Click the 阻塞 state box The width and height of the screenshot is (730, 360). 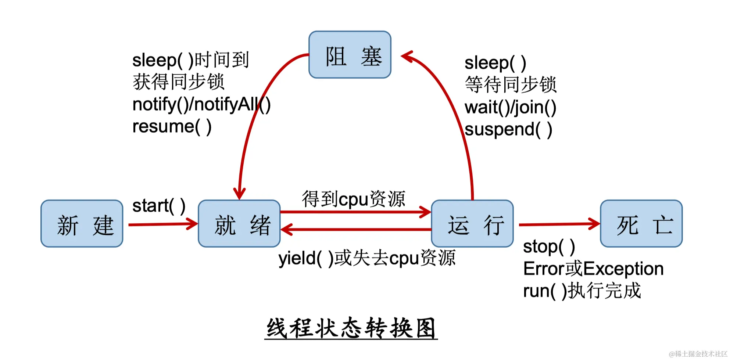point(350,55)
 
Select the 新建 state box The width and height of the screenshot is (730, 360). point(82,224)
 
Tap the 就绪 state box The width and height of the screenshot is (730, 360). point(239,224)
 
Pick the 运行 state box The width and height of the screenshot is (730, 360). point(472,224)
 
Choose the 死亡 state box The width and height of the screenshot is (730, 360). point(641,224)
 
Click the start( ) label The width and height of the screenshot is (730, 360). point(159,206)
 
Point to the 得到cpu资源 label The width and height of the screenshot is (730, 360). point(353,199)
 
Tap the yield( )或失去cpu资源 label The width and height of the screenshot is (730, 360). point(367,258)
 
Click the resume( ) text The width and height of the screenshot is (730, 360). point(172,127)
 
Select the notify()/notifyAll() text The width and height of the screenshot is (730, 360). point(201,105)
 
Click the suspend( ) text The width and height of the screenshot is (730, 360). point(508,130)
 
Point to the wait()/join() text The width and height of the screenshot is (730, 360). point(510,108)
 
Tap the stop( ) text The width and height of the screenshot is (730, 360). point(549,246)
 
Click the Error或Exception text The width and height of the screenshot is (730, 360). point(593,269)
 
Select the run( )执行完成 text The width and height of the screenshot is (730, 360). point(582,291)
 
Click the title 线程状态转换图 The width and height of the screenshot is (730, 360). point(351,328)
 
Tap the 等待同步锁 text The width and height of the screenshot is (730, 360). point(511,85)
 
